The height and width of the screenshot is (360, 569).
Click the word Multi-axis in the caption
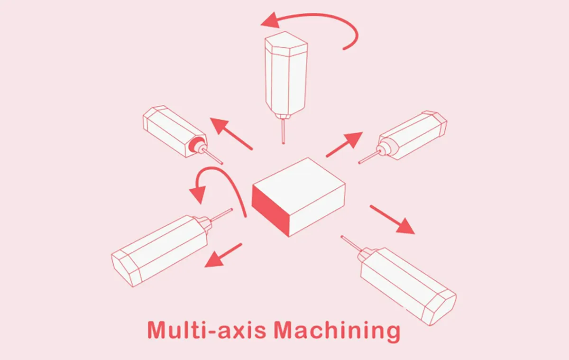pyautogui.click(x=207, y=330)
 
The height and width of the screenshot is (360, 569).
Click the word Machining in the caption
pyautogui.click(x=337, y=332)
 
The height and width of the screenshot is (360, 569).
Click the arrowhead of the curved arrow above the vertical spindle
pyautogui.click(x=271, y=20)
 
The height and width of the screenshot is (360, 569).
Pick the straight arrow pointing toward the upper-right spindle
pyautogui.click(x=344, y=144)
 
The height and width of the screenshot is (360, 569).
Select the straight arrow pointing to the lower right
pyautogui.click(x=392, y=219)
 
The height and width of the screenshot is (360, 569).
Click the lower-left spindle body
pyautogui.click(x=160, y=250)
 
